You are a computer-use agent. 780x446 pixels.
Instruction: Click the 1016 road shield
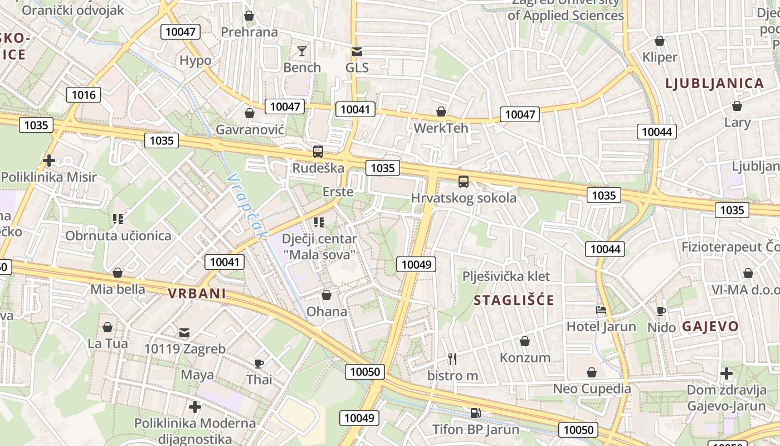coord(84,95)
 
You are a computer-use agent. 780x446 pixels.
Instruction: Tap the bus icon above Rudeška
coord(318,151)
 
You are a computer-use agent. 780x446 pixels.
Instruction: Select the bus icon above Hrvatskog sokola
coord(463,181)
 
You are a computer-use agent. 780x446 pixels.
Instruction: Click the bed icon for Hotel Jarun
coord(601,310)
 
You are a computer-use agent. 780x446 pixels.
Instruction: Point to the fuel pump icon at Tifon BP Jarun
coord(475,413)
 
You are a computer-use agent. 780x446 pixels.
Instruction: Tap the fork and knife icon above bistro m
coord(452,359)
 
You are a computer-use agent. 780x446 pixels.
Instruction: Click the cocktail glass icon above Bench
coord(302,51)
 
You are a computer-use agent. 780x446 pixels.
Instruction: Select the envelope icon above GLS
coord(357,52)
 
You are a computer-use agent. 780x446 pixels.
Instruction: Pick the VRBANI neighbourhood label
coord(197,294)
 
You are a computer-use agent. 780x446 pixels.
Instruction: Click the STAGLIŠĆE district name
coord(514,300)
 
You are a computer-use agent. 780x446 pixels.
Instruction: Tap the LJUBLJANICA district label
coord(715,84)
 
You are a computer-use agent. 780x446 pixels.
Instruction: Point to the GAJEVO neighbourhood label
coord(710,327)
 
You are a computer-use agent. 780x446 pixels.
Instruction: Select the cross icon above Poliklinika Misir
coord(49,161)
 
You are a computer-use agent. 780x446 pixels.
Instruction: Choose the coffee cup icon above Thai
coord(259,363)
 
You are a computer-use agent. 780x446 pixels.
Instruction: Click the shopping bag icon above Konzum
coord(524,341)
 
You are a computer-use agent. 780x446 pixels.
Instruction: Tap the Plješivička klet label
coord(506,276)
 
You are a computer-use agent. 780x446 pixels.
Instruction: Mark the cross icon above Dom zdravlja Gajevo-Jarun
coord(726,373)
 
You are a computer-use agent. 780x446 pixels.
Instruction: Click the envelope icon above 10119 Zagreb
coord(184,333)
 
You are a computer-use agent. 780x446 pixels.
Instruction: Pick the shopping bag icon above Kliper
coord(660,41)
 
